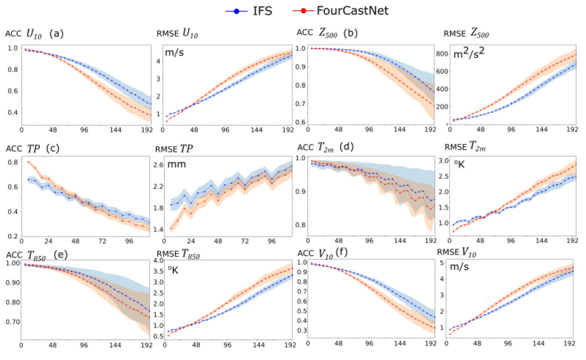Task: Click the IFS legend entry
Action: click(249, 11)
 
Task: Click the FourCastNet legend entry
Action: click(341, 11)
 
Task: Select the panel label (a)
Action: click(57, 33)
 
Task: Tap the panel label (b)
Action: click(350, 33)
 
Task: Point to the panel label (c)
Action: click(53, 148)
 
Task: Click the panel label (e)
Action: click(61, 255)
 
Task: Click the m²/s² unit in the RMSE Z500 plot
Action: click(469, 53)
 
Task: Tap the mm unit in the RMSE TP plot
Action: click(177, 165)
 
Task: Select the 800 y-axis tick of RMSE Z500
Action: click(442, 54)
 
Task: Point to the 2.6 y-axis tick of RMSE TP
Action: click(158, 165)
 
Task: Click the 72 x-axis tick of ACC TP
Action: click(102, 241)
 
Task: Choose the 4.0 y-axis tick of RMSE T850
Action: click(158, 260)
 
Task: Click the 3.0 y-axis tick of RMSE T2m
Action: click(444, 161)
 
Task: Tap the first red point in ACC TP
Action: click(28, 162)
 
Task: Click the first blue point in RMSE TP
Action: click(171, 204)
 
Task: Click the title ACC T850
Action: click(26, 255)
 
